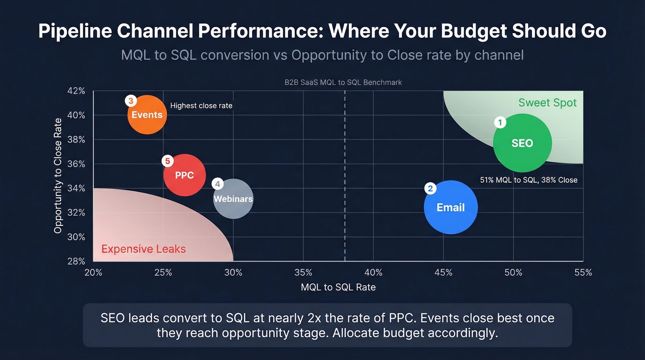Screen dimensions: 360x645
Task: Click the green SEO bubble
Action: (522, 143)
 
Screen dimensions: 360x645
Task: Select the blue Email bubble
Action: (451, 207)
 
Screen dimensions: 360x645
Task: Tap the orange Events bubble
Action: (147, 115)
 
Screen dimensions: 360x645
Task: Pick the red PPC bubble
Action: (184, 175)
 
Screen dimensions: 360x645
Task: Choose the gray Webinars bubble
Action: (233, 199)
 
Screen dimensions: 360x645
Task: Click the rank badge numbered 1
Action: (500, 123)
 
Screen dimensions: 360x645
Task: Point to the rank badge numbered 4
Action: (217, 184)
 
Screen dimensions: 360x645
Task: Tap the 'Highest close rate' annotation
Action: (201, 106)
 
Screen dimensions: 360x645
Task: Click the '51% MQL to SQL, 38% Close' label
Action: (528, 180)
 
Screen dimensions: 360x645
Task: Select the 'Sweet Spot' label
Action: (547, 102)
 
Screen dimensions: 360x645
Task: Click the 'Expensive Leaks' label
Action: (143, 249)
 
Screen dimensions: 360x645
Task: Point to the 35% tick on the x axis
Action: (303, 272)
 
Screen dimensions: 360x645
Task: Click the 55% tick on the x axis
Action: (583, 272)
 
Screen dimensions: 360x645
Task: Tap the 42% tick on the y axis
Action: (76, 91)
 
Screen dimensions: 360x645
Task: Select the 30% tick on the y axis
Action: (76, 237)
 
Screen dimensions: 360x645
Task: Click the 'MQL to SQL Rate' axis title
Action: (338, 287)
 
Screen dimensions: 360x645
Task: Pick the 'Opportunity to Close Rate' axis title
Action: (58, 176)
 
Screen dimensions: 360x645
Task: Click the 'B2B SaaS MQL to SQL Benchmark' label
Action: (343, 83)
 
